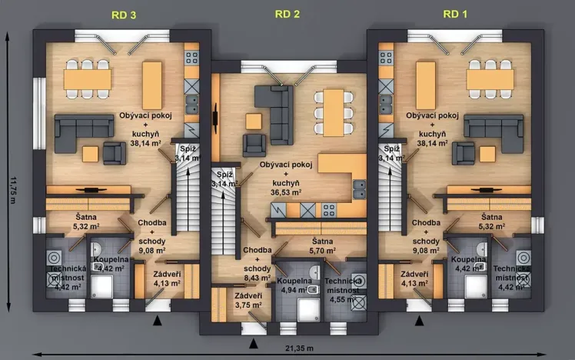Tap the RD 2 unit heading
click(x=288, y=14)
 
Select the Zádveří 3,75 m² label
click(x=247, y=299)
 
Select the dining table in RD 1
click(x=490, y=80)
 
